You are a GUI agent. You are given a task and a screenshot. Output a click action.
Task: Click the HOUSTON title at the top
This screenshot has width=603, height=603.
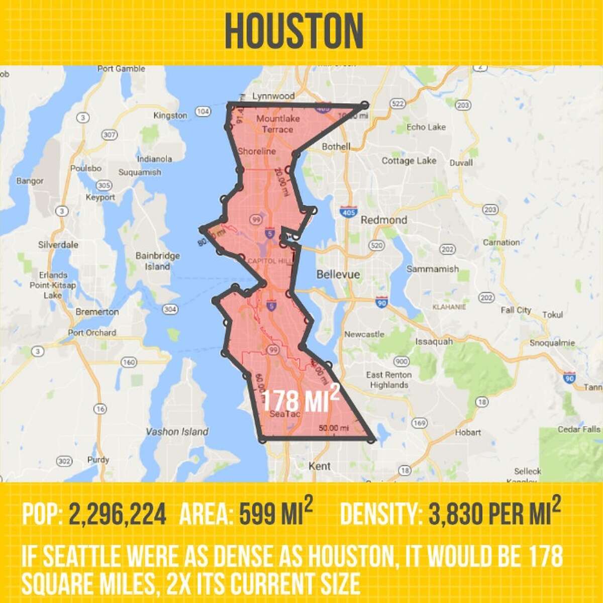[294, 31]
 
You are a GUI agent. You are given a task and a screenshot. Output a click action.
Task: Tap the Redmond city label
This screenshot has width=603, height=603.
[384, 220]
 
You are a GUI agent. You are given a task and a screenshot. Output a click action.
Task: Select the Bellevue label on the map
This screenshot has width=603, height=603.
[338, 274]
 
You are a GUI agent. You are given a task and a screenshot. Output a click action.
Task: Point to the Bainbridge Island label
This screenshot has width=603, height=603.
[157, 261]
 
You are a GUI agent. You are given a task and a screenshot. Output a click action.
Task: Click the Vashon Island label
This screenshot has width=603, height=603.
[177, 432]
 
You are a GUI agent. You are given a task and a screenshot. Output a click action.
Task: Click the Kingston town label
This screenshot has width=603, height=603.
[170, 116]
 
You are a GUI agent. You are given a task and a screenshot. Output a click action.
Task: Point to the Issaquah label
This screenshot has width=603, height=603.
[434, 341]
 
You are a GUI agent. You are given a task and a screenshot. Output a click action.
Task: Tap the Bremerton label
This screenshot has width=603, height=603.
[97, 312]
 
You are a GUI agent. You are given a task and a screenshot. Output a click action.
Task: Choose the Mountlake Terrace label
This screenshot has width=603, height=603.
[278, 124]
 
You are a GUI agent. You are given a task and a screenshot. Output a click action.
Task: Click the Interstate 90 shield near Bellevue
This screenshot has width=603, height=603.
[382, 302]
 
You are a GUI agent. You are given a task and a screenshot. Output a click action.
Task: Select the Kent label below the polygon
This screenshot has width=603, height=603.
[320, 466]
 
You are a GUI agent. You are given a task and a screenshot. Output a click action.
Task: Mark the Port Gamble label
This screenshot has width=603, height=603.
[121, 69]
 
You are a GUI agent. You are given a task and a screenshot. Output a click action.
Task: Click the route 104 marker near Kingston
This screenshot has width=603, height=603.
[203, 111]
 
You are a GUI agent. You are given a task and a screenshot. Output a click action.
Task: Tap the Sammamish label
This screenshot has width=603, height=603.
[432, 269]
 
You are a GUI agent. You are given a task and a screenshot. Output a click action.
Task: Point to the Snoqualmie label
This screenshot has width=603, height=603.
[552, 343]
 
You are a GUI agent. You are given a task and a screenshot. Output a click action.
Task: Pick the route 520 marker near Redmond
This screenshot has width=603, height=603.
[376, 245]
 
